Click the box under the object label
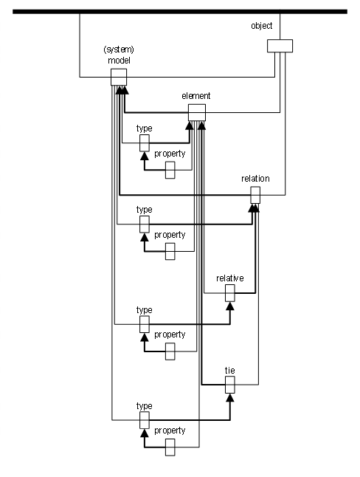280,46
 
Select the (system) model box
119,78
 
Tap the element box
197,112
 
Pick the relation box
255,195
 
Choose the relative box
230,293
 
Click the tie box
230,385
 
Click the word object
261,26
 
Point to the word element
196,96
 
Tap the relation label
255,178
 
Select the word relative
230,278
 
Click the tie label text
230,370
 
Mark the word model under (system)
119,61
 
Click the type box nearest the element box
145,143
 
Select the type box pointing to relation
145,224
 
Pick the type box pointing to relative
145,324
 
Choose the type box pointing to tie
145,420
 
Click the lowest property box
170,447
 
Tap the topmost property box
170,170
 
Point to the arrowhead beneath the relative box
230,306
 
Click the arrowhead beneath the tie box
230,397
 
